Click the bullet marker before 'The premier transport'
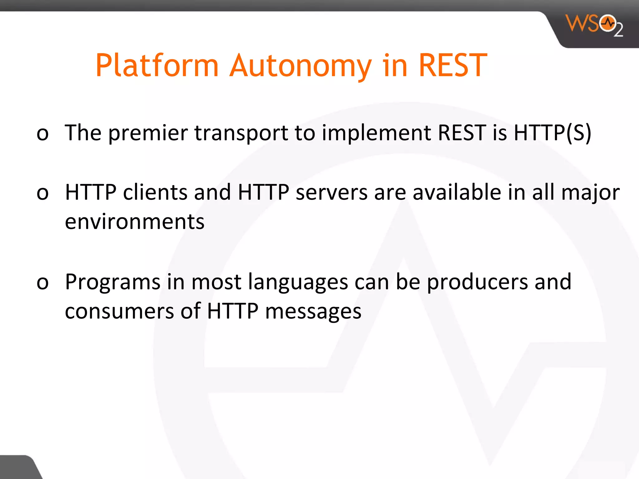coord(43,133)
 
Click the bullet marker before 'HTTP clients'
coord(43,193)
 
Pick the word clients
coord(155,192)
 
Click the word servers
coord(332,192)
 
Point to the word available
coord(457,192)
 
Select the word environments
coord(134,222)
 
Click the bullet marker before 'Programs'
coord(43,283)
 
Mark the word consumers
coord(120,311)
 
